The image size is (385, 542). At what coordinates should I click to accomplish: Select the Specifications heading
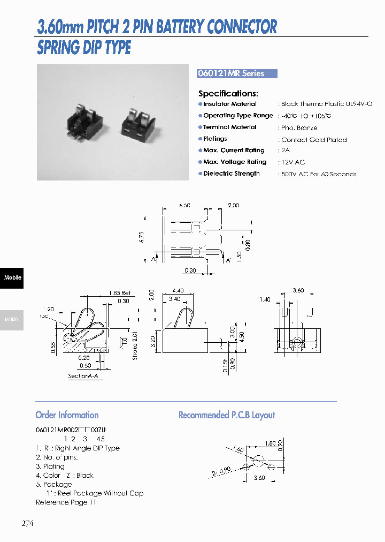click(228, 93)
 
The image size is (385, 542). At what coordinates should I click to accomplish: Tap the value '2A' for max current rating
click(284, 150)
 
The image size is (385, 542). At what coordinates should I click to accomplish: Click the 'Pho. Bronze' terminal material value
click(299, 128)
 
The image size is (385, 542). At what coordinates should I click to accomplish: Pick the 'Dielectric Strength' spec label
click(231, 174)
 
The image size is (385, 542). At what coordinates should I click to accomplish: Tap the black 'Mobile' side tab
click(12, 277)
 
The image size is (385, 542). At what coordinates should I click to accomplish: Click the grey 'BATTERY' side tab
click(12, 319)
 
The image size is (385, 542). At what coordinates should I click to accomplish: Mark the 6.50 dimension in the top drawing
click(184, 206)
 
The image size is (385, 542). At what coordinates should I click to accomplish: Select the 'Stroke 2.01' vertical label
click(135, 345)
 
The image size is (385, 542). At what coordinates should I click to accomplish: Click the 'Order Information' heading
click(67, 415)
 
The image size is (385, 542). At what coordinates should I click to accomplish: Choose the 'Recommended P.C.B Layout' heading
click(226, 415)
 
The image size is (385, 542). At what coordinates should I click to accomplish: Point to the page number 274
click(27, 524)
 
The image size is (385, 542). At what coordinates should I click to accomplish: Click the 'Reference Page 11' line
click(66, 502)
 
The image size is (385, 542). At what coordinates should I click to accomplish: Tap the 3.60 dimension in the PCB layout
click(259, 478)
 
